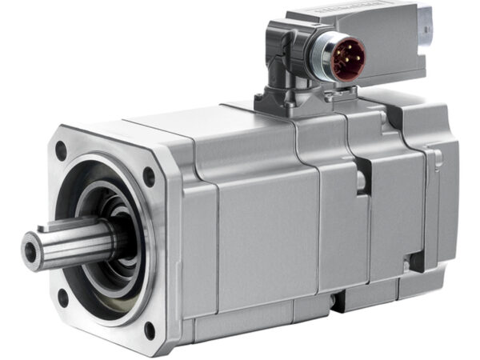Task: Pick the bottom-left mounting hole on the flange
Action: [62, 298]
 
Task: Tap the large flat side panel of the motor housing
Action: [264, 232]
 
